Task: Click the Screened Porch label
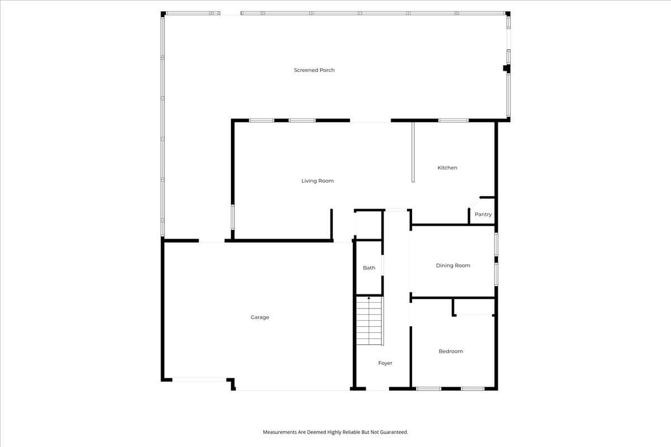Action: [x=314, y=70]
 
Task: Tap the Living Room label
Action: [x=318, y=181]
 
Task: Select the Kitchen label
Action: [x=447, y=168]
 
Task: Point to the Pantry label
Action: [x=483, y=215]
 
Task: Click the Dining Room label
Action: [x=453, y=265]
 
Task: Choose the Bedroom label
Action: [x=451, y=351]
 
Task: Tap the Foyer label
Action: [x=385, y=363]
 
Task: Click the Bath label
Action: [x=369, y=268]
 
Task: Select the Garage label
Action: [x=259, y=317]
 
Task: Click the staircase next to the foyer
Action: [x=370, y=321]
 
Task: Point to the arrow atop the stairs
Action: [x=368, y=298]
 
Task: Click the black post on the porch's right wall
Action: [x=507, y=68]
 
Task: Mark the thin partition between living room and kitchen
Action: [x=413, y=152]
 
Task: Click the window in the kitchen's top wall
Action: [x=453, y=120]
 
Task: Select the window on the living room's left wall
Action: [x=233, y=217]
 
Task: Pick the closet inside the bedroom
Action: [x=474, y=307]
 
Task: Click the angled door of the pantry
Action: [x=474, y=203]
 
